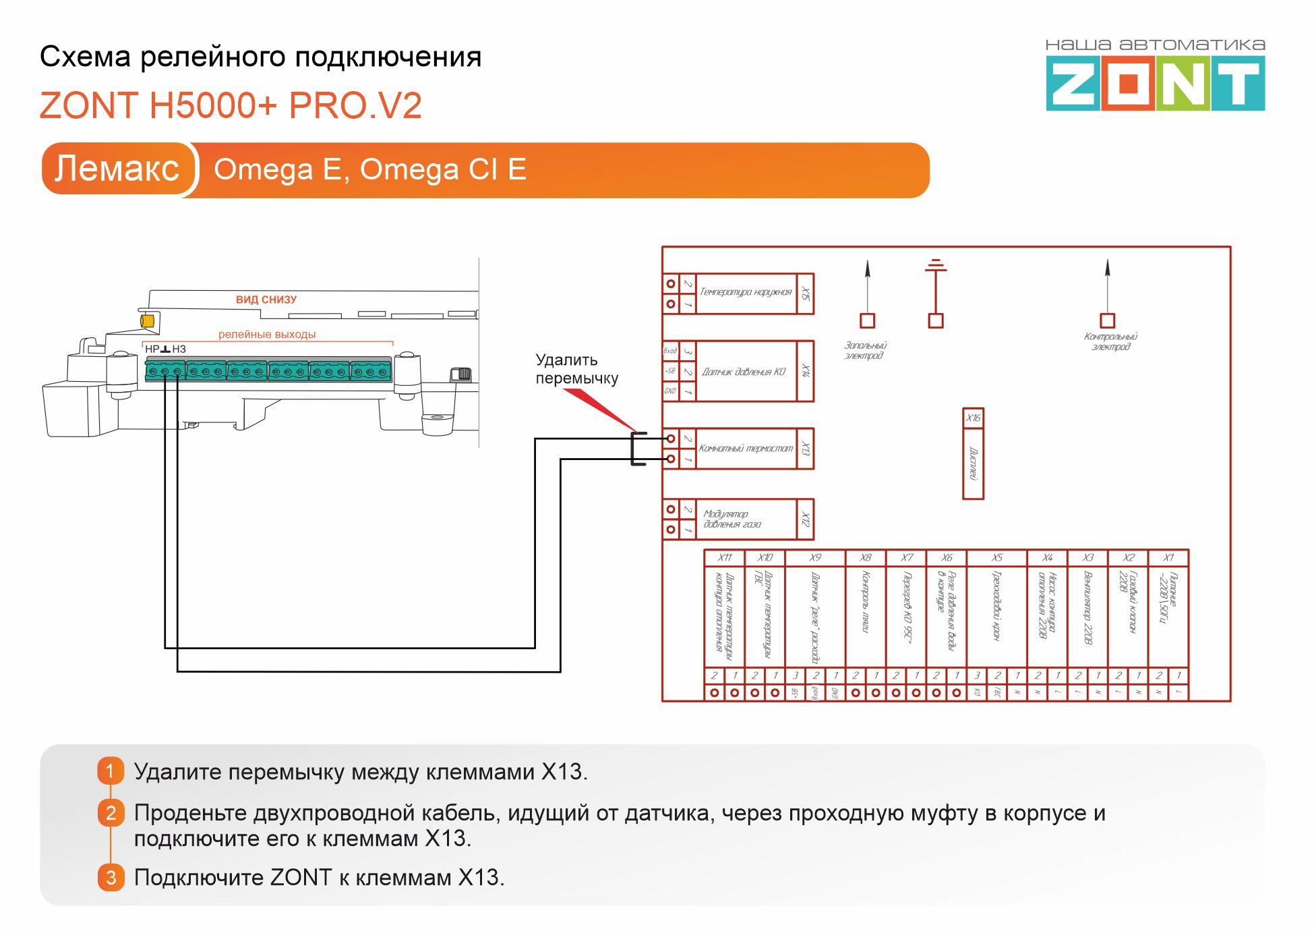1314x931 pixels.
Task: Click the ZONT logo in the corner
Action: tap(1155, 83)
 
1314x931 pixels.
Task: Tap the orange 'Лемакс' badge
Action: tap(117, 169)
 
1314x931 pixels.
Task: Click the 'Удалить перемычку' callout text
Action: tap(576, 369)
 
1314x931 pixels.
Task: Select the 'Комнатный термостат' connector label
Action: tap(746, 448)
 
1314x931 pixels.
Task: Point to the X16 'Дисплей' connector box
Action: tap(973, 454)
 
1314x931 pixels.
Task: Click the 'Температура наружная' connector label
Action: tap(746, 292)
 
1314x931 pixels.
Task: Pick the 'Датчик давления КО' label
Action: tap(744, 372)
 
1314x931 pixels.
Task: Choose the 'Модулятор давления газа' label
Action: tap(732, 519)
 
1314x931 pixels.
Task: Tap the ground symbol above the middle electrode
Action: tap(936, 265)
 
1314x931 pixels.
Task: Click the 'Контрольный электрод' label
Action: tap(1110, 341)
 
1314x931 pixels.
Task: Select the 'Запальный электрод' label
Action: tap(865, 350)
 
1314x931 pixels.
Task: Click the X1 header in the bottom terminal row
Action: tap(1168, 558)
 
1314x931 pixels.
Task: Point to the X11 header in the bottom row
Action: tap(725, 558)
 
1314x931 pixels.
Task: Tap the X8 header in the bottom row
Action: tap(866, 558)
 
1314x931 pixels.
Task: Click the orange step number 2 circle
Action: tap(111, 813)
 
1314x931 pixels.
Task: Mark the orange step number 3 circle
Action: tap(111, 877)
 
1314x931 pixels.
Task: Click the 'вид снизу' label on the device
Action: tap(266, 300)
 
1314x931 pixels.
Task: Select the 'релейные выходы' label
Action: tap(267, 334)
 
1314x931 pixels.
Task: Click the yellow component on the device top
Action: tap(147, 321)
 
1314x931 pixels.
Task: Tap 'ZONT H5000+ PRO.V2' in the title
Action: tap(231, 105)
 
